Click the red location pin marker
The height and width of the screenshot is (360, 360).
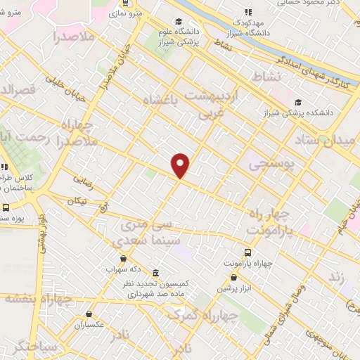(181, 165)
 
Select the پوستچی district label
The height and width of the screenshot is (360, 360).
(269, 164)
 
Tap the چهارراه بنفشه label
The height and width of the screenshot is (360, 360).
(39, 298)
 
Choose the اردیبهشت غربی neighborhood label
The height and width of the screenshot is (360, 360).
(211, 103)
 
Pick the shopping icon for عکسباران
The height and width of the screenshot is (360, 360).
(89, 314)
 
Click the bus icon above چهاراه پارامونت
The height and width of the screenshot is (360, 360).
(247, 252)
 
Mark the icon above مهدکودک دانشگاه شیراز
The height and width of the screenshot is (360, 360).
(247, 12)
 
